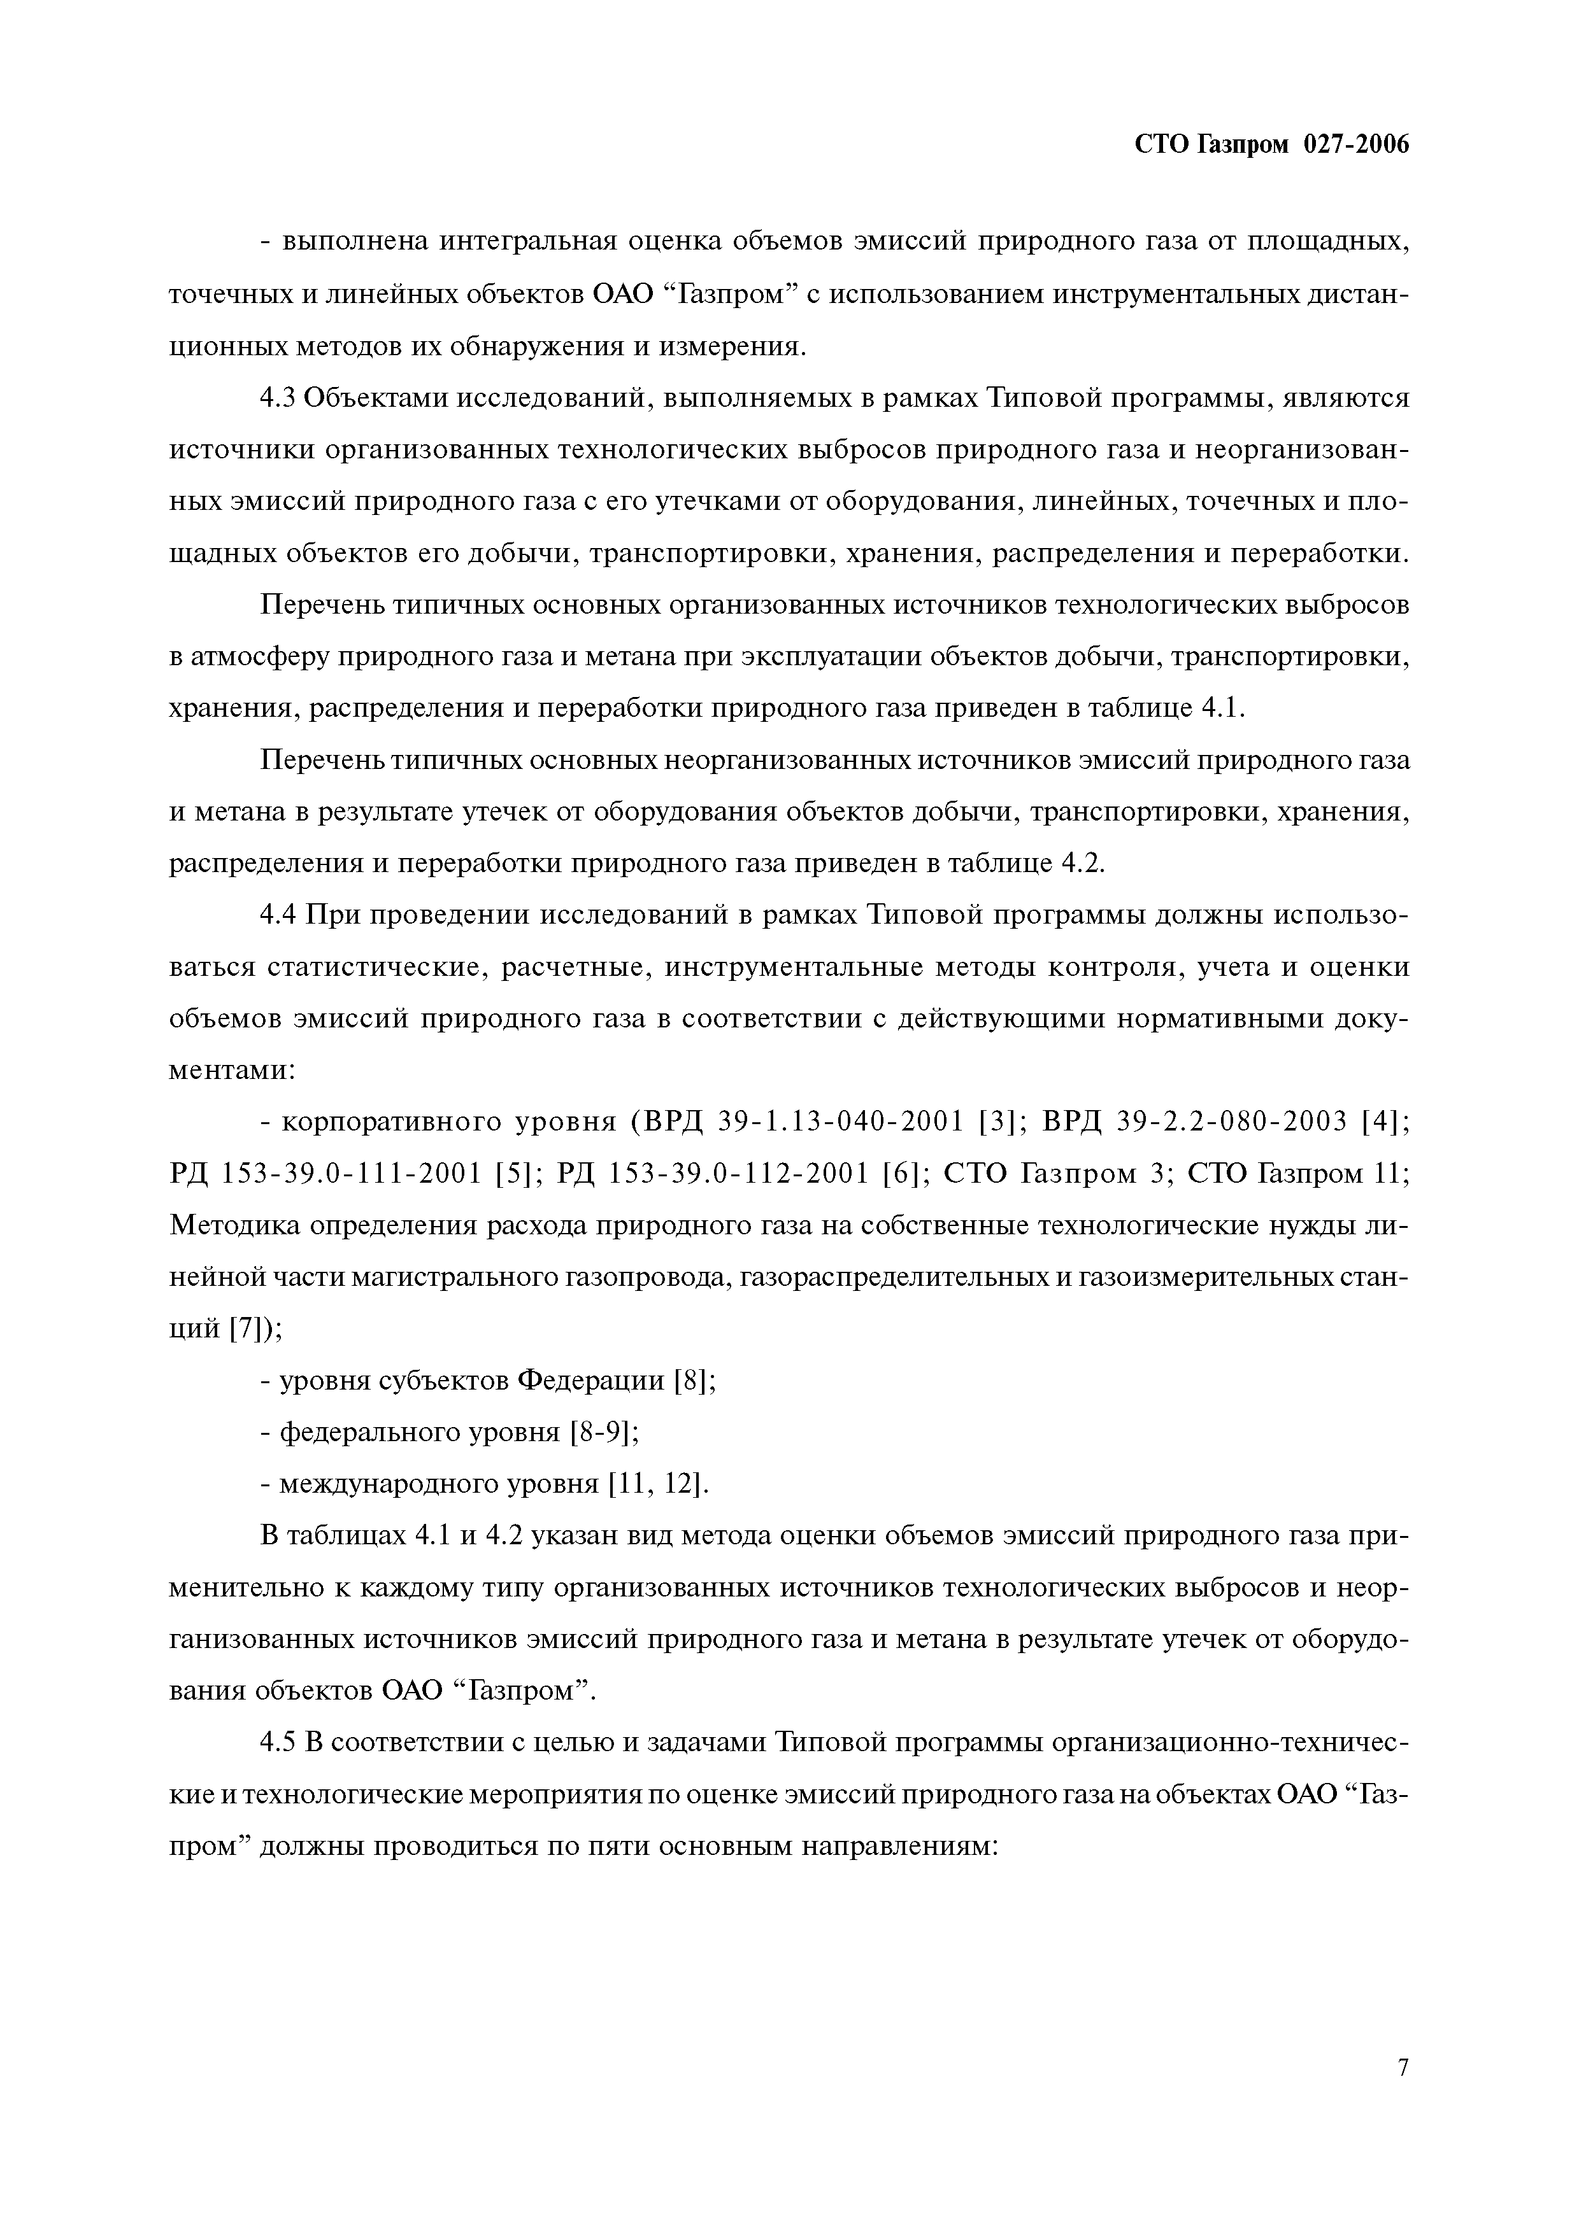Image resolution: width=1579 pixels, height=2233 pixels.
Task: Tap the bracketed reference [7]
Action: click(x=246, y=1328)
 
